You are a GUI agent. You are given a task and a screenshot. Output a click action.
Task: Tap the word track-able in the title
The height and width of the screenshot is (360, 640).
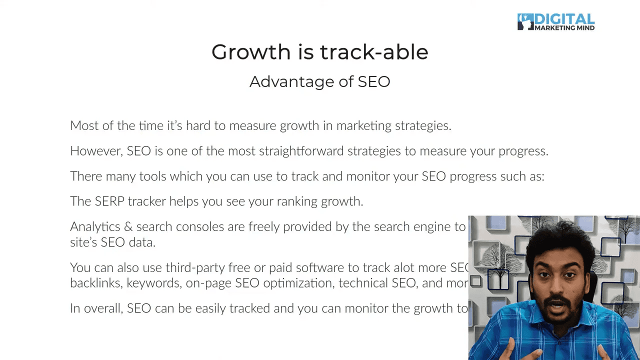tap(374, 52)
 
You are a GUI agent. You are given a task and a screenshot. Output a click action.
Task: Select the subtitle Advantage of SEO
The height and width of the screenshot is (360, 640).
tap(319, 81)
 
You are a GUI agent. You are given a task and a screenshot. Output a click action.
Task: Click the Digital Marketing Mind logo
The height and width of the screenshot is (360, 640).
tap(555, 22)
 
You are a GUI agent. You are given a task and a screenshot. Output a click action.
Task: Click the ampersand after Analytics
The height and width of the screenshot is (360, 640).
tap(128, 226)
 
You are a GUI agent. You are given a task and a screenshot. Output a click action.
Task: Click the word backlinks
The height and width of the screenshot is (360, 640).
tap(96, 283)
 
